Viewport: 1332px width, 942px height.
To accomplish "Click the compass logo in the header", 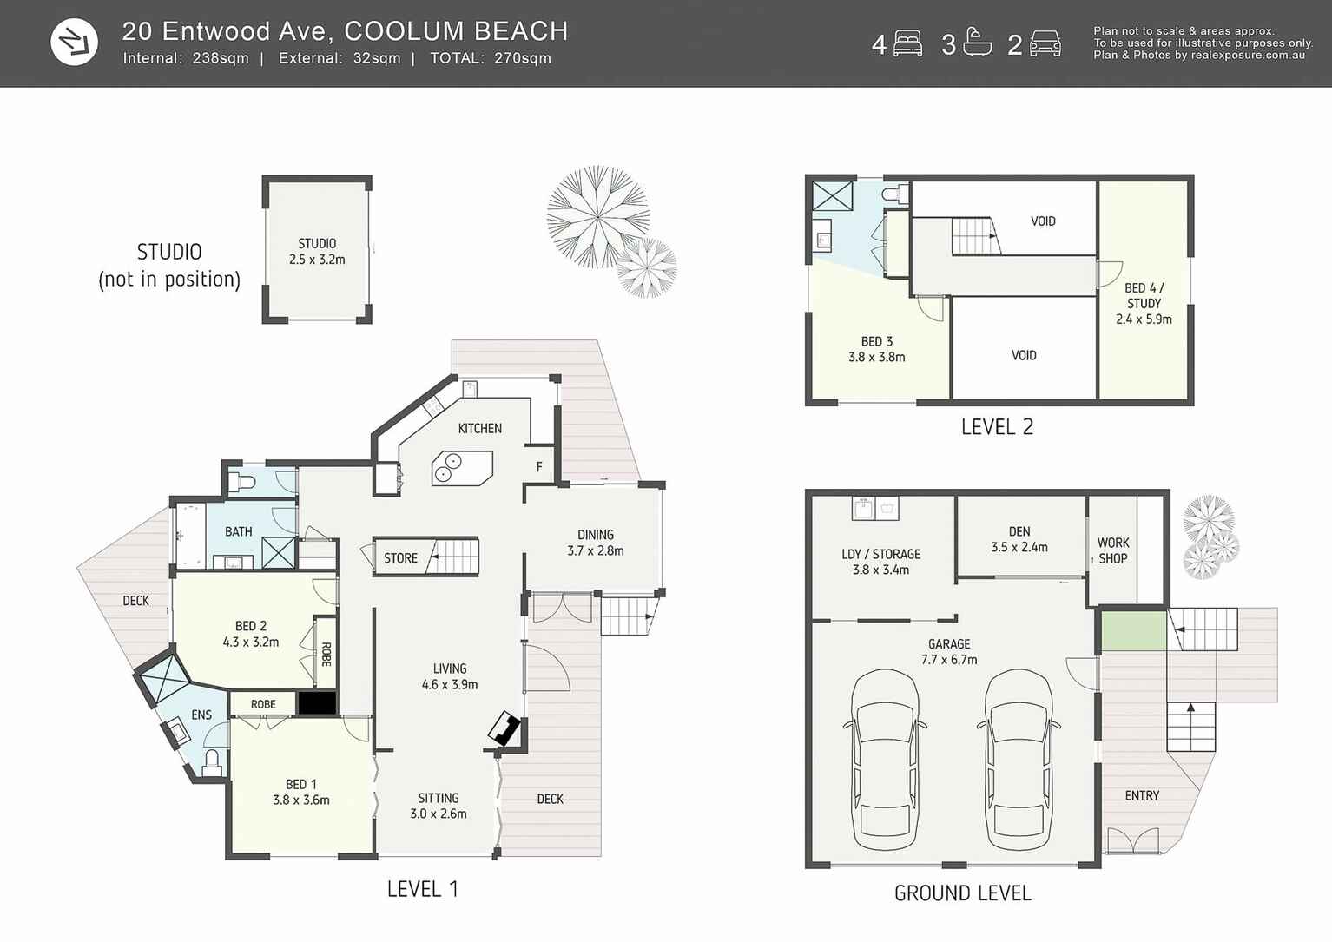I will click(x=74, y=42).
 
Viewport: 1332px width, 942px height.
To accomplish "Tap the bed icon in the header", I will click(x=907, y=43).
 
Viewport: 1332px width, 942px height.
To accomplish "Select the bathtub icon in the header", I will click(x=977, y=43).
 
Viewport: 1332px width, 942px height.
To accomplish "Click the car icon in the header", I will click(x=1045, y=43).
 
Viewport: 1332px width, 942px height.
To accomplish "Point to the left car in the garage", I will click(x=884, y=760).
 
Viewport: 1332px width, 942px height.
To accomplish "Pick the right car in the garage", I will click(x=1018, y=760).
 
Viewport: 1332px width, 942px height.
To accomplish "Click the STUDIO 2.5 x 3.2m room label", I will click(x=317, y=252).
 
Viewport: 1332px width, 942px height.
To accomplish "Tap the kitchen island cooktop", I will click(x=462, y=468).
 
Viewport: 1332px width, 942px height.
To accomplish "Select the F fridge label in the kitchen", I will click(x=539, y=467).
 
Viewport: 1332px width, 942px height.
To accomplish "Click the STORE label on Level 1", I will click(x=400, y=558).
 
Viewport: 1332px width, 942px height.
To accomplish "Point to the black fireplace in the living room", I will click(x=504, y=729).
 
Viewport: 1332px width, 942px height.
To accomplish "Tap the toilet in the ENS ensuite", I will click(x=211, y=762).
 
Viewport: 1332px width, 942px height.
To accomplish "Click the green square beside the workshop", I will click(x=1133, y=630).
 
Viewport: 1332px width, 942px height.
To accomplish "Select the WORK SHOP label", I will click(x=1112, y=550).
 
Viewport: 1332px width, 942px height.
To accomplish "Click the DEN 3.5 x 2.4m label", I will click(x=1019, y=539).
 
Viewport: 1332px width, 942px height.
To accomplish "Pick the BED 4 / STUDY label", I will click(x=1144, y=303).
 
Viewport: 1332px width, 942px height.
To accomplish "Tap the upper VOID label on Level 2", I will click(x=1043, y=221).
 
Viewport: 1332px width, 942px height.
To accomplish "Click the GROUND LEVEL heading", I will click(x=962, y=893).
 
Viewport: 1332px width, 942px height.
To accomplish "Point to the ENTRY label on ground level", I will click(x=1141, y=795).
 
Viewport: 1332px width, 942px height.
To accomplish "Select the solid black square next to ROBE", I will click(x=317, y=703).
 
